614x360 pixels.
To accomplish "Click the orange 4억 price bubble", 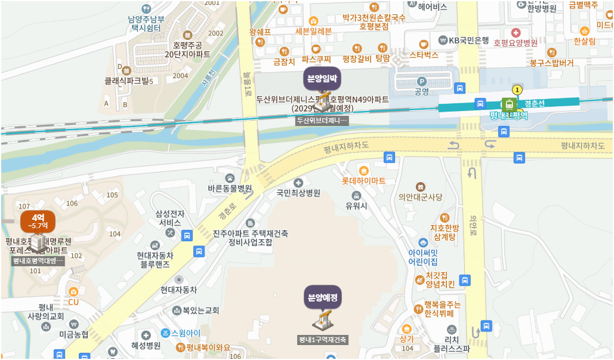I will pyautogui.click(x=38, y=221).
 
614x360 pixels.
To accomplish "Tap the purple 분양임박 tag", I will pyautogui.click(x=322, y=78).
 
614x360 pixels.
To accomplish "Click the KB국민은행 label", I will pyautogui.click(x=468, y=40).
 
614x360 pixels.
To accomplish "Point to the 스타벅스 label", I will pyautogui.click(x=424, y=54).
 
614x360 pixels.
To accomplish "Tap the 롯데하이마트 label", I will pyautogui.click(x=363, y=180).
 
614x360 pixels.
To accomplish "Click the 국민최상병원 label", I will pyautogui.click(x=298, y=193).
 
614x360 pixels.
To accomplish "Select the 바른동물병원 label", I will pyautogui.click(x=230, y=189).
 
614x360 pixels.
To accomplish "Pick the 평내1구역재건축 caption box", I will pyautogui.click(x=323, y=340).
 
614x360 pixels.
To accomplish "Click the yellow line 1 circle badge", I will pyautogui.click(x=517, y=90).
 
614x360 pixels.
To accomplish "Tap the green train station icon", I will pyautogui.click(x=509, y=104).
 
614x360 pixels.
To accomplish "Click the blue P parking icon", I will pyautogui.click(x=422, y=81).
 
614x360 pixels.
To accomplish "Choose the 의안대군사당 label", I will pyautogui.click(x=421, y=196).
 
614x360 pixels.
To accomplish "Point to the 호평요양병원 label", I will pyautogui.click(x=516, y=42).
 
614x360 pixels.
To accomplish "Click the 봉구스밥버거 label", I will pyautogui.click(x=551, y=62).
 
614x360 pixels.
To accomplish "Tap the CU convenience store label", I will pyautogui.click(x=73, y=302).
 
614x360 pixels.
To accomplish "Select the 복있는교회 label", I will pyautogui.click(x=200, y=310).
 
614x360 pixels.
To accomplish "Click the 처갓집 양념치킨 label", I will pyautogui.click(x=440, y=279).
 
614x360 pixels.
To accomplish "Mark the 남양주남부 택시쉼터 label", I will pyautogui.click(x=146, y=23).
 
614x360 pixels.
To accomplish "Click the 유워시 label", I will pyautogui.click(x=356, y=205).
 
